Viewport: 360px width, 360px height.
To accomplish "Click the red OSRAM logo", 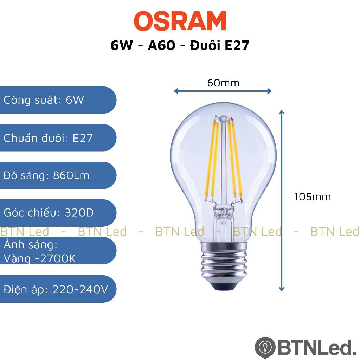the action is (x=180, y=21).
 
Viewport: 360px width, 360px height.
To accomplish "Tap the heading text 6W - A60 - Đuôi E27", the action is (x=180, y=45).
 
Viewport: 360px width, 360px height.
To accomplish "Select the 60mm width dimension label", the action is (x=223, y=83).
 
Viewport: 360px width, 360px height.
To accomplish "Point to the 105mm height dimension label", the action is (x=313, y=197).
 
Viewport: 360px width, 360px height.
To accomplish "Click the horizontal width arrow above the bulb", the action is (x=223, y=91).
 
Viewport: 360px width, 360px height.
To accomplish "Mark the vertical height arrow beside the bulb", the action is (x=282, y=200).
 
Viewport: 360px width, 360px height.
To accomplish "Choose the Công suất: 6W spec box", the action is (x=58, y=100).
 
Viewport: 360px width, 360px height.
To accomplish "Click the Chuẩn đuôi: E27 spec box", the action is (x=58, y=138).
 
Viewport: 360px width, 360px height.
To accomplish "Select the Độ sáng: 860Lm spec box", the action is (x=58, y=175).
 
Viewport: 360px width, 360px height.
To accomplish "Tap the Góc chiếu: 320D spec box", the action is (x=58, y=213).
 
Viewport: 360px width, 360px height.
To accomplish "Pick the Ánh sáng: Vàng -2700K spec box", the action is (x=58, y=251).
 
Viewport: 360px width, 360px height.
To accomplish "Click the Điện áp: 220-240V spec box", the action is (x=58, y=289).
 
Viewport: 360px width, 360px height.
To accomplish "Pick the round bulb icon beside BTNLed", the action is (x=265, y=347).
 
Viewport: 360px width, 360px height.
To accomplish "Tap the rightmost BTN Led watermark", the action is (x=335, y=231).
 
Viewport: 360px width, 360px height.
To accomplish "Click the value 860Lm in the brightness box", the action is (x=71, y=175).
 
